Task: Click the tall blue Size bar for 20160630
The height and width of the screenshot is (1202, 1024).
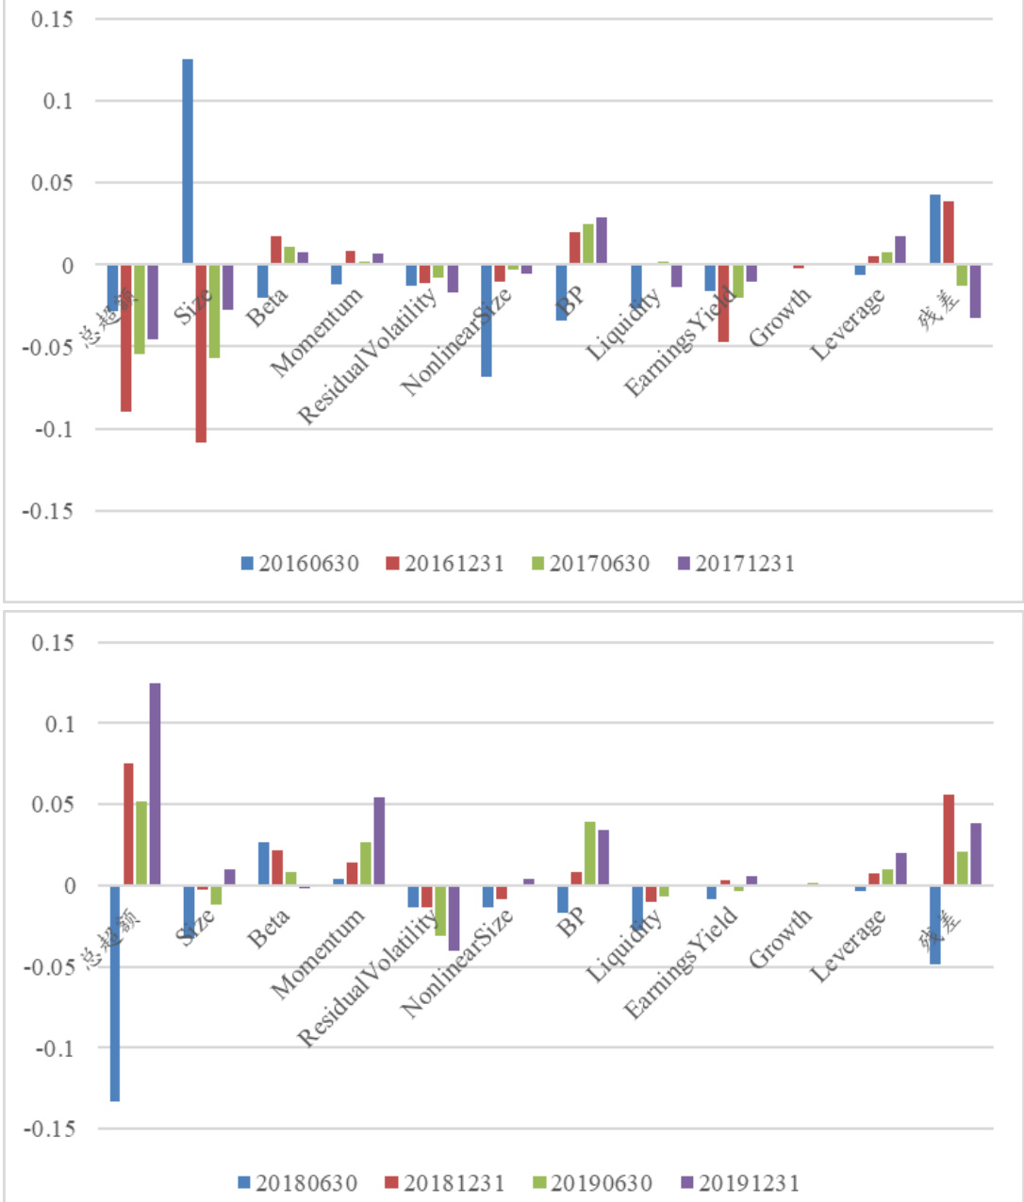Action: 188,160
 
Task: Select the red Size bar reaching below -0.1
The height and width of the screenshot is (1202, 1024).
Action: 201,354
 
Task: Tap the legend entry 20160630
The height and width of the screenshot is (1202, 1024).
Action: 300,564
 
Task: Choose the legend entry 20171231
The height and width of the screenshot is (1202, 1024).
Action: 735,564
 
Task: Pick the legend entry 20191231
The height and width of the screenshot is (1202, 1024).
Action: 739,1182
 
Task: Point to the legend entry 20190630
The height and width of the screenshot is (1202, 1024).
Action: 592,1182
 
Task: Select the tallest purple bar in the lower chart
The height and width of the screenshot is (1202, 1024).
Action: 155,783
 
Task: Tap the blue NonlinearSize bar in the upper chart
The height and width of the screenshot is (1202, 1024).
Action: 487,321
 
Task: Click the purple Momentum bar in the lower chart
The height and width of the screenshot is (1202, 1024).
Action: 379,841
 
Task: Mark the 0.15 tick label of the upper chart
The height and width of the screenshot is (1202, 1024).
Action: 52,19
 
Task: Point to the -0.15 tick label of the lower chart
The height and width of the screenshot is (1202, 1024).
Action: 48,1129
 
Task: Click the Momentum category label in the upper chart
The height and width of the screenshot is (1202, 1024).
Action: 317,331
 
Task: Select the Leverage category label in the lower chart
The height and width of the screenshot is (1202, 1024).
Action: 848,946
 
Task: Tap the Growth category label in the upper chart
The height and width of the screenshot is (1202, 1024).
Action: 780,317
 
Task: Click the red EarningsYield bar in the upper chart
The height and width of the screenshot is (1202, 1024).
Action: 723,303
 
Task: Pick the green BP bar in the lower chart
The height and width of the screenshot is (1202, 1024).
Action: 589,853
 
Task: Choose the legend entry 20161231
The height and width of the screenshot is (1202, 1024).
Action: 445,564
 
